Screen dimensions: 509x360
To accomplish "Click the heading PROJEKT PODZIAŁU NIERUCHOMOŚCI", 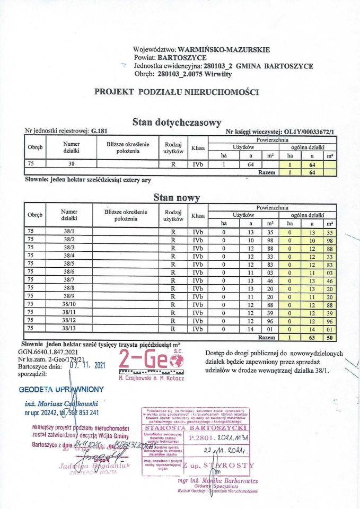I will pos(176,92).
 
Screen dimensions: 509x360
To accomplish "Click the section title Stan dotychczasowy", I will pos(176,122).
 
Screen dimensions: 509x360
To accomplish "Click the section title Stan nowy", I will pos(176,198).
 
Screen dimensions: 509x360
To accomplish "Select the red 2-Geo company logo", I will pos(150,361).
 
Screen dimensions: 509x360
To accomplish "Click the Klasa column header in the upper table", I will pos(198,148).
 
